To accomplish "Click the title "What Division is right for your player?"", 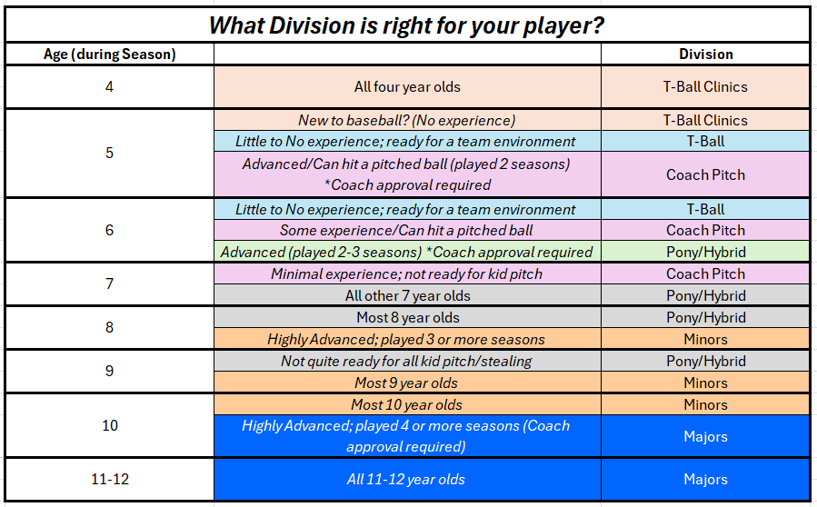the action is (x=406, y=25).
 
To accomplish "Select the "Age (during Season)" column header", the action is (x=109, y=55).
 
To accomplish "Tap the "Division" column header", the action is (x=705, y=55).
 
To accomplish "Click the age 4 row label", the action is (x=109, y=86).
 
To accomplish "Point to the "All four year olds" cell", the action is (x=407, y=86).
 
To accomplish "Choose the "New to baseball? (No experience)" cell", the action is (x=407, y=120).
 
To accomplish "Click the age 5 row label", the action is (x=109, y=153).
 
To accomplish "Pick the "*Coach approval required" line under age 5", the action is (x=407, y=185).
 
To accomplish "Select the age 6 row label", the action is (x=109, y=230).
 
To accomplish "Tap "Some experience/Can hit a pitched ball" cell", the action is (x=407, y=230).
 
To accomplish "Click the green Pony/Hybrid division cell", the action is (x=705, y=252).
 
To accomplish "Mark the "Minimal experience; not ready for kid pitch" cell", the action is (x=407, y=274).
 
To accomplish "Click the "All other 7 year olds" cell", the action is (x=407, y=296).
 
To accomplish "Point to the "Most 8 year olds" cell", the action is (x=407, y=318).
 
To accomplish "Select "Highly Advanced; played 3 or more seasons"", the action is (x=407, y=340).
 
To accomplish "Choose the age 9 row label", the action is (x=109, y=371).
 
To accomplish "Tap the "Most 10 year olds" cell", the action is (x=407, y=405).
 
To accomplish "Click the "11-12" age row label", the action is (x=109, y=479).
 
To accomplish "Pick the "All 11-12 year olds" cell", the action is (x=407, y=480).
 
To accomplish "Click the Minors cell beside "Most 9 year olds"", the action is (x=705, y=383).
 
